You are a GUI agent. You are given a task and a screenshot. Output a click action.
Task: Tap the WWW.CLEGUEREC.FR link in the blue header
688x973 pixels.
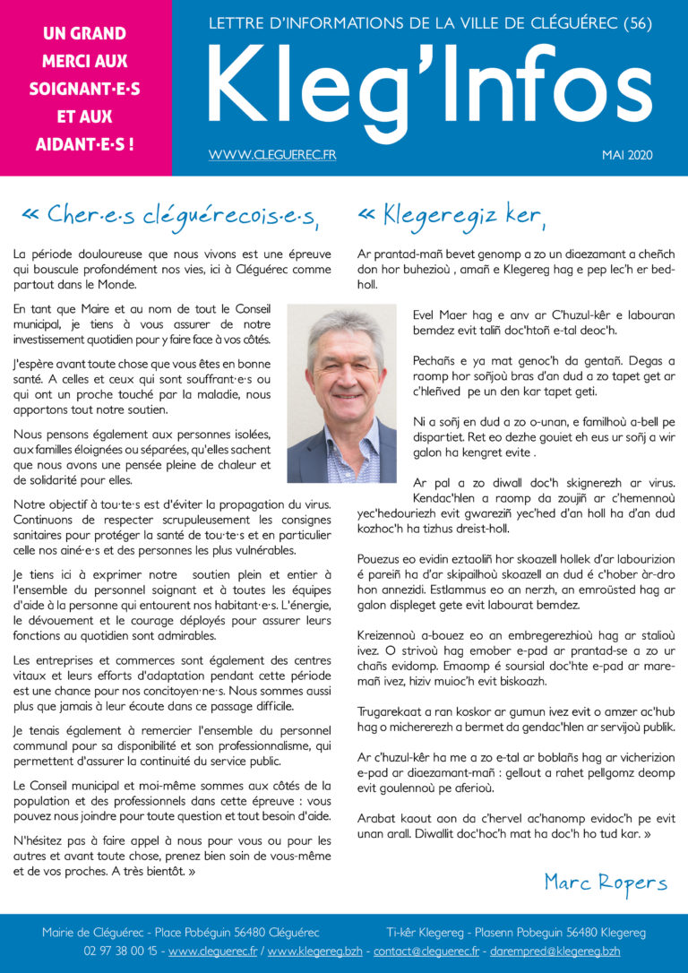tap(272, 155)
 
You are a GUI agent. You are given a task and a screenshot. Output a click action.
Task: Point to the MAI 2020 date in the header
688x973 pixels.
tap(627, 155)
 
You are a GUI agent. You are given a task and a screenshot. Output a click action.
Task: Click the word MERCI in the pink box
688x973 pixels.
tap(84, 62)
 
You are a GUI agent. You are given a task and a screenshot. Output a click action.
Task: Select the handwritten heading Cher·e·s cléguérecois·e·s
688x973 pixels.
tap(170, 214)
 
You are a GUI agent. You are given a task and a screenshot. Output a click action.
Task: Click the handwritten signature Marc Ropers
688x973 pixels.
tap(606, 883)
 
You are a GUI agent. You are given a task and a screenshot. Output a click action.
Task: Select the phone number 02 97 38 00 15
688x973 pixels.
tap(121, 951)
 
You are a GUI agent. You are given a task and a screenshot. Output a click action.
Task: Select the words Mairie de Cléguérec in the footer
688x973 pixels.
tap(95, 933)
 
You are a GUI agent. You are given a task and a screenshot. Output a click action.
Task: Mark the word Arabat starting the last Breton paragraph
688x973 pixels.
tap(377, 819)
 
